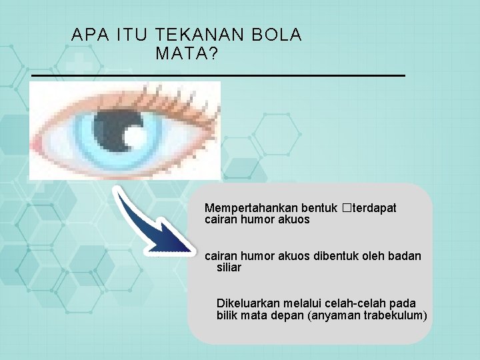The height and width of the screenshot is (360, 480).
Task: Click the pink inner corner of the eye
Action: click(37, 142)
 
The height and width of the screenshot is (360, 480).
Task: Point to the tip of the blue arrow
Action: click(193, 248)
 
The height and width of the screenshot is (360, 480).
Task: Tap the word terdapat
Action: click(373, 208)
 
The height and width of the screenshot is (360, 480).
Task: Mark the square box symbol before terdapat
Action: click(345, 208)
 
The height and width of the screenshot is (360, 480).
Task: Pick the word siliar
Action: click(229, 267)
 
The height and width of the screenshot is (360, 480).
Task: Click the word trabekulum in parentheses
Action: click(393, 315)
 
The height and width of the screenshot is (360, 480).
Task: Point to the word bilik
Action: click(227, 315)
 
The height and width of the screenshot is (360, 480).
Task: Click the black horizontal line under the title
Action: click(218, 77)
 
